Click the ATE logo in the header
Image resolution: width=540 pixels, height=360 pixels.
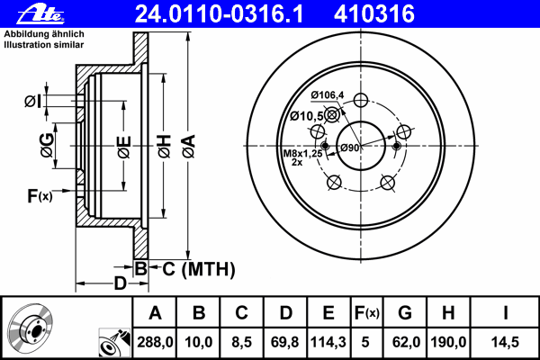40,14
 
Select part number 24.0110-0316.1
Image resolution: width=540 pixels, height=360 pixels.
219,14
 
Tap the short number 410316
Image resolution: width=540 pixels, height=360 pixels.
374,14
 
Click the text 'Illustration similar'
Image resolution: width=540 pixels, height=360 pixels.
44,45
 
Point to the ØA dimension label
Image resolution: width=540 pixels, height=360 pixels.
189,147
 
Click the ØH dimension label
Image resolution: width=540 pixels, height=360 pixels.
165,147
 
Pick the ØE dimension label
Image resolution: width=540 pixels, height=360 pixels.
124,147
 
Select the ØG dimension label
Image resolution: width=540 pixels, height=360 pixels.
47,145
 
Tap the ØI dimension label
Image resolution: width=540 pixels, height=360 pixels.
33,102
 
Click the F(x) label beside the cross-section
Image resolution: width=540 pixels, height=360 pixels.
40,196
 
